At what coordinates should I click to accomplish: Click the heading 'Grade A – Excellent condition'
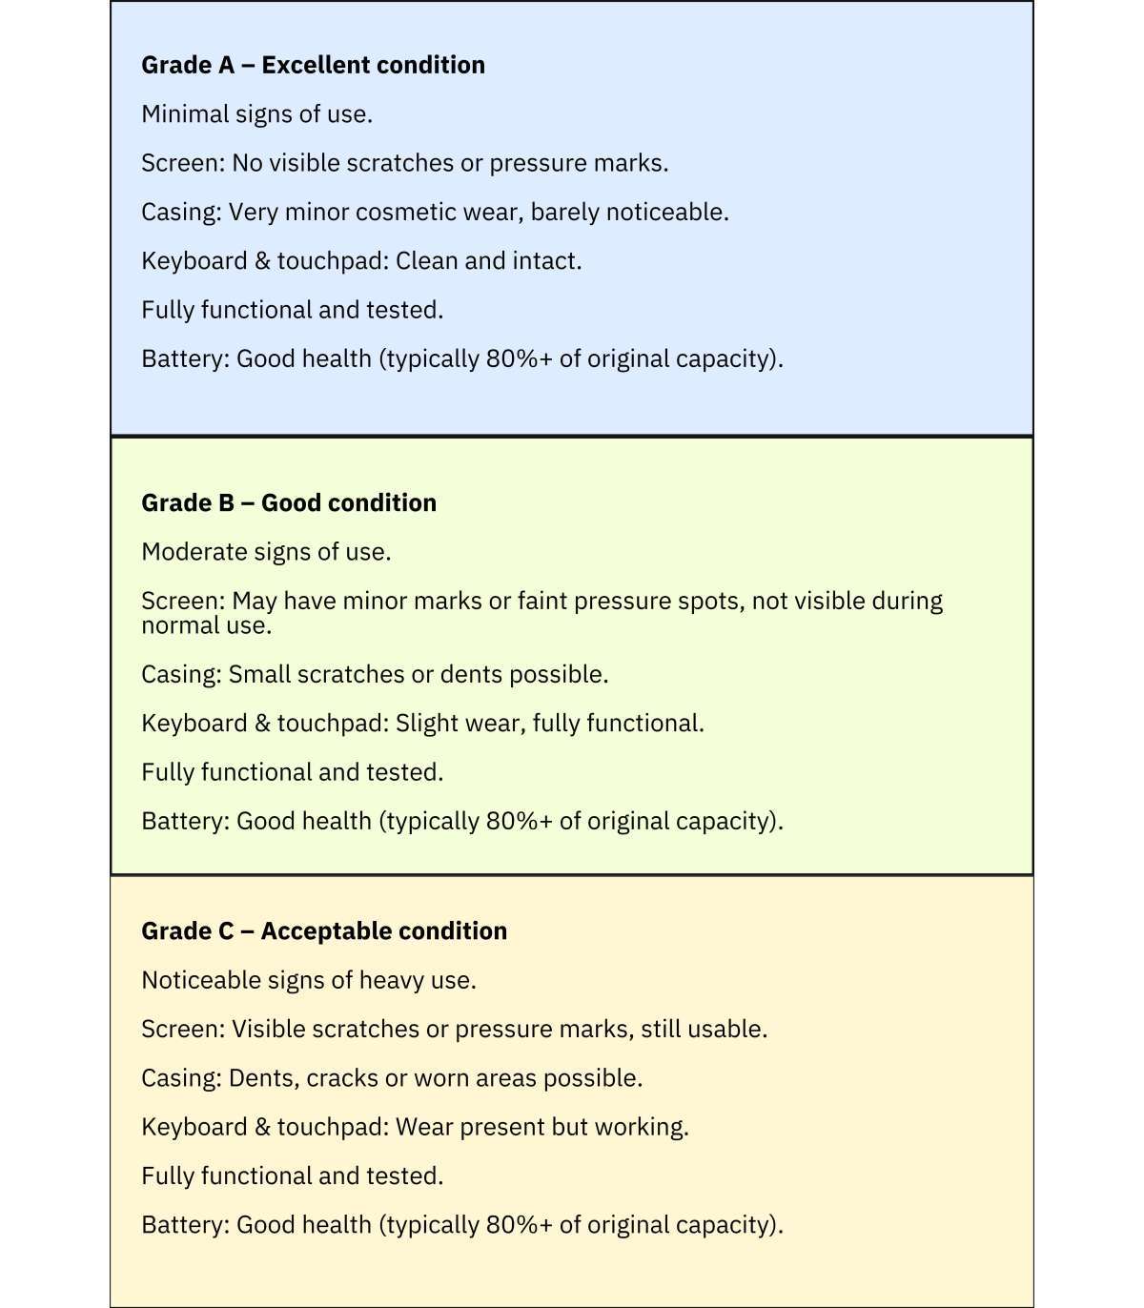pyautogui.click(x=313, y=65)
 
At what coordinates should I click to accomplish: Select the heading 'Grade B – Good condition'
pyautogui.click(x=289, y=502)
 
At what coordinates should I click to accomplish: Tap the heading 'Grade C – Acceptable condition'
pyautogui.click(x=324, y=930)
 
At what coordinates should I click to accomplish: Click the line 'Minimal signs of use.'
pyautogui.click(x=256, y=114)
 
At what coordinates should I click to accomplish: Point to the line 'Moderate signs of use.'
pyautogui.click(x=266, y=552)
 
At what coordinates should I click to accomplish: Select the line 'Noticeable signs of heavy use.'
pyautogui.click(x=308, y=980)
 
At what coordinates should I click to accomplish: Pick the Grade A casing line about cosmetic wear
pyautogui.click(x=435, y=212)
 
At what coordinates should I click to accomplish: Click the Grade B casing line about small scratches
pyautogui.click(x=375, y=674)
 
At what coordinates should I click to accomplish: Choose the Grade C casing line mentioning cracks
pyautogui.click(x=392, y=1078)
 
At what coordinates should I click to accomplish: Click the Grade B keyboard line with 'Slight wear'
pyautogui.click(x=422, y=724)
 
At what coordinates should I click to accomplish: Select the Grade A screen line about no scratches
pyautogui.click(x=404, y=163)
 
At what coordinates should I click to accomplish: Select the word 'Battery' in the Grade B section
pyautogui.click(x=182, y=821)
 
